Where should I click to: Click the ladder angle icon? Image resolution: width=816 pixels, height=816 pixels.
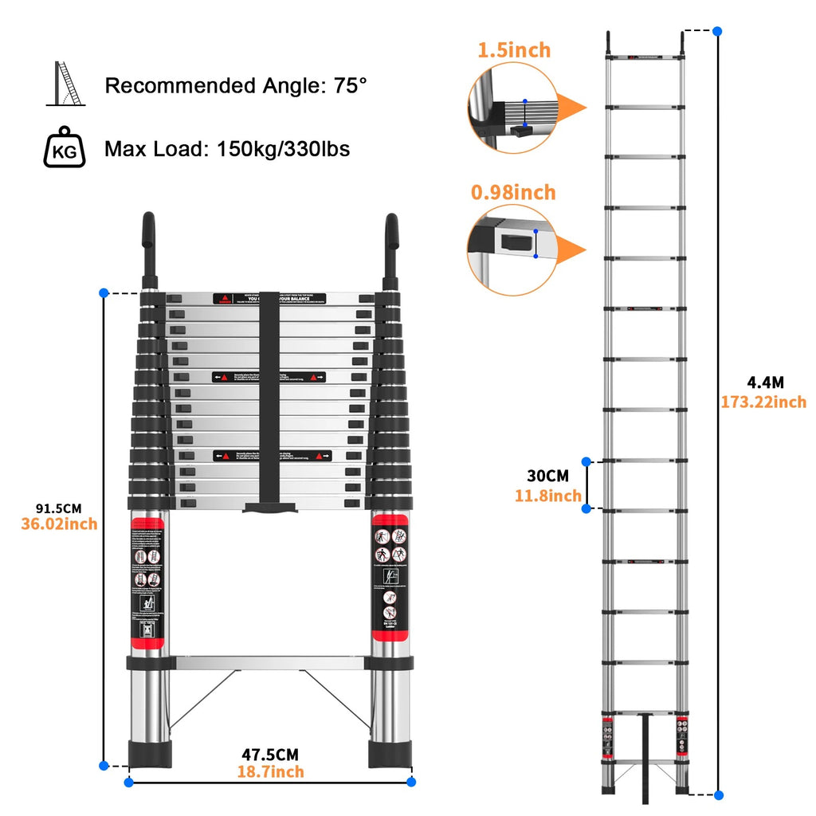point(67,84)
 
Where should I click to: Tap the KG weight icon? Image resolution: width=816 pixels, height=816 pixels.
point(64,147)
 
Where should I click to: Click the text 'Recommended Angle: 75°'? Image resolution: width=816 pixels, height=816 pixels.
point(236,85)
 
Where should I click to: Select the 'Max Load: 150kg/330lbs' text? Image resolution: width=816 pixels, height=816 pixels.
point(227,148)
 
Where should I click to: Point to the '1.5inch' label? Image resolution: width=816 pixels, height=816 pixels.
point(514,50)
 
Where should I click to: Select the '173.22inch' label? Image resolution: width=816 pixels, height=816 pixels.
point(763,402)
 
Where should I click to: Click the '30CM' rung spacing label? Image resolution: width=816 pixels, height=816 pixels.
point(548,476)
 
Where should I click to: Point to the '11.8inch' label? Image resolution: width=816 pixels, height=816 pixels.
point(548,496)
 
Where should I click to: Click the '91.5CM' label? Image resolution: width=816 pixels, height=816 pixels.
point(58,508)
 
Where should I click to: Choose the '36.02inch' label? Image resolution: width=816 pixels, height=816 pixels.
point(58,524)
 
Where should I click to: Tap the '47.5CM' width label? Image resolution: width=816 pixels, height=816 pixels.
point(270,754)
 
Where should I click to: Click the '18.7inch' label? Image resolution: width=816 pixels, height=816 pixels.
point(270,771)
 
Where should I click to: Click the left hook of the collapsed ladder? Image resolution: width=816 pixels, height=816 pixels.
point(148,247)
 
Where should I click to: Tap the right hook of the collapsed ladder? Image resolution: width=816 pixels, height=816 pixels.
point(391,247)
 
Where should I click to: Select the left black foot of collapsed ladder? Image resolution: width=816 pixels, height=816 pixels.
point(149,753)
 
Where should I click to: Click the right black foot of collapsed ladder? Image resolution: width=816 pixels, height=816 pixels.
point(390,753)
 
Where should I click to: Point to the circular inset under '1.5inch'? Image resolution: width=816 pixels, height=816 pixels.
point(510,108)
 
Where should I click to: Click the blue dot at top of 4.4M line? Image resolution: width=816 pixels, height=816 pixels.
point(718,31)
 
